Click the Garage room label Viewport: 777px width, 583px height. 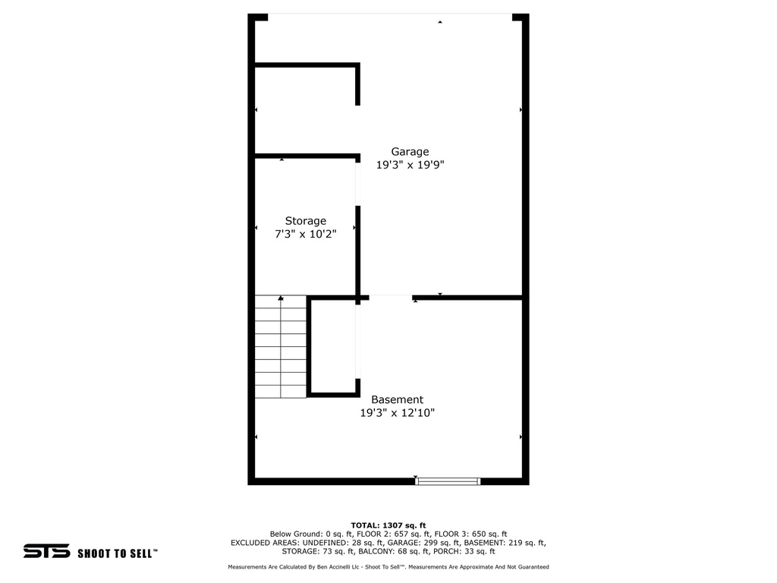(x=410, y=152)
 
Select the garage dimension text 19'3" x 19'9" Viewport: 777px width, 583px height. (x=410, y=165)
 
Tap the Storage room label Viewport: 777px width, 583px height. (x=305, y=221)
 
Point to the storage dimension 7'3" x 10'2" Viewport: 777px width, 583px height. (x=305, y=235)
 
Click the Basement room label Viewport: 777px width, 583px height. (x=397, y=400)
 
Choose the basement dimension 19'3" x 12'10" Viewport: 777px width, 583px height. (x=397, y=413)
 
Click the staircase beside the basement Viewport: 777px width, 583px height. (x=280, y=347)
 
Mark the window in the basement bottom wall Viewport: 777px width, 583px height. (x=448, y=481)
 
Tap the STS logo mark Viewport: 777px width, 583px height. (x=46, y=552)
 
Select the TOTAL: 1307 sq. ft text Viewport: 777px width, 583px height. (x=388, y=525)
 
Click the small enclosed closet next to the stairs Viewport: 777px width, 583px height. (x=333, y=347)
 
